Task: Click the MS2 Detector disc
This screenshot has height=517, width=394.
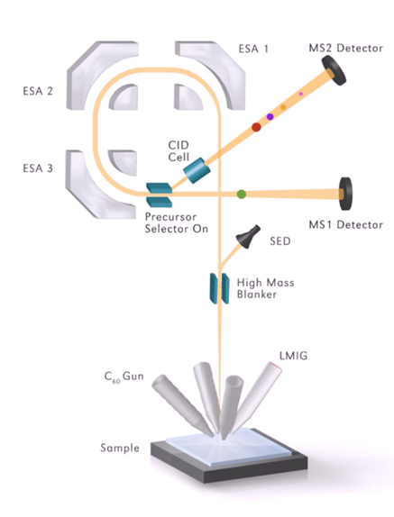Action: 334,70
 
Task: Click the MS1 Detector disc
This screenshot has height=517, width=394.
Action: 346,194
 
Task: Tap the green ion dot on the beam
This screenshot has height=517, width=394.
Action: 242,194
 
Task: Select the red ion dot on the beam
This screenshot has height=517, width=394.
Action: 256,127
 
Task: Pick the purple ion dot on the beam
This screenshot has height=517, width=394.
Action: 270,116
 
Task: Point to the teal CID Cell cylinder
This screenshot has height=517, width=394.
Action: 197,170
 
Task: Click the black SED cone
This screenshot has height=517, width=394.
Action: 248,237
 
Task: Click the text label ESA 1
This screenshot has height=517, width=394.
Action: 253,49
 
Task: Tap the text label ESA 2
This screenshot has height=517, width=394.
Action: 38,91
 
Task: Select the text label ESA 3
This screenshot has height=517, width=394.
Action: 38,168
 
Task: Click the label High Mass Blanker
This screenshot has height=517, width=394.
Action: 265,288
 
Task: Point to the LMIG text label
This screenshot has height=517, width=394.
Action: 293,356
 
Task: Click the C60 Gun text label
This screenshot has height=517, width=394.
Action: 124,376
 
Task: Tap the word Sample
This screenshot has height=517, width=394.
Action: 120,448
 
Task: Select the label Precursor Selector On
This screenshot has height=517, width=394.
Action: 177,222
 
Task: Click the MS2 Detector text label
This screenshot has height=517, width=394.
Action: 346,48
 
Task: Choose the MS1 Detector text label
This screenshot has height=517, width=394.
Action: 346,225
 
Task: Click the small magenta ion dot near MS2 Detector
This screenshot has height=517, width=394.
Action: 300,94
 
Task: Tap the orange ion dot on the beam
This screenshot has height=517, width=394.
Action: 283,107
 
